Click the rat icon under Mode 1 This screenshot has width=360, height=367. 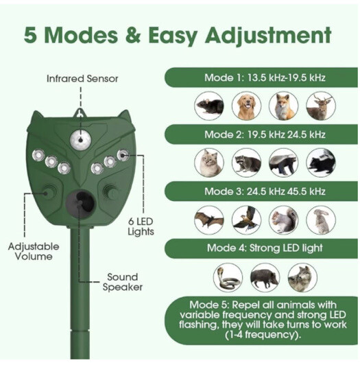click(209, 106)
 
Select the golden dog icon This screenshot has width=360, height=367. click(246, 106)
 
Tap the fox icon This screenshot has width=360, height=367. click(283, 106)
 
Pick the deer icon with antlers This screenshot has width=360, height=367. click(320, 106)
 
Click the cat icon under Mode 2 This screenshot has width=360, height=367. click(209, 163)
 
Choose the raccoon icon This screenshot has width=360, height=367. click(246, 163)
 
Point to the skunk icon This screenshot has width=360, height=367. click(320, 163)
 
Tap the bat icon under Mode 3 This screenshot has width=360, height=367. click(209, 220)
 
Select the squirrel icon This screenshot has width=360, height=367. click(283, 220)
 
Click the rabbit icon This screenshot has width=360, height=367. click(320, 220)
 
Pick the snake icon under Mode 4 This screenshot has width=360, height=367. click(228, 276)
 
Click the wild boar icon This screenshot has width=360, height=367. click(265, 276)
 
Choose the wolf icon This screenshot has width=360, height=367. click(302, 276)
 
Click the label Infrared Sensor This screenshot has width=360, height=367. click(82, 79)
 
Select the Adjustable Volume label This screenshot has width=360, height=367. click(34, 251)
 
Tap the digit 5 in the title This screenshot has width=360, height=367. click(32, 34)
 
